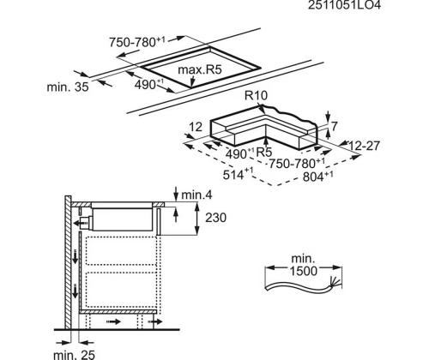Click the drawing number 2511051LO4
pyautogui.click(x=344, y=5)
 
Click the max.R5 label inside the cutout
pyautogui.click(x=200, y=69)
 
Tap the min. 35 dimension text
pyautogui.click(x=68, y=87)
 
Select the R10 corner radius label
pyautogui.click(x=256, y=96)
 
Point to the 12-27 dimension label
pyautogui.click(x=364, y=146)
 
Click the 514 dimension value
pyautogui.click(x=233, y=175)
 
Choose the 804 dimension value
pyautogui.click(x=313, y=177)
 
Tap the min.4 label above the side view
pyautogui.click(x=196, y=195)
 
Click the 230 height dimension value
pyautogui.click(x=216, y=218)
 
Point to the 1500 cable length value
pyautogui.click(x=304, y=271)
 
